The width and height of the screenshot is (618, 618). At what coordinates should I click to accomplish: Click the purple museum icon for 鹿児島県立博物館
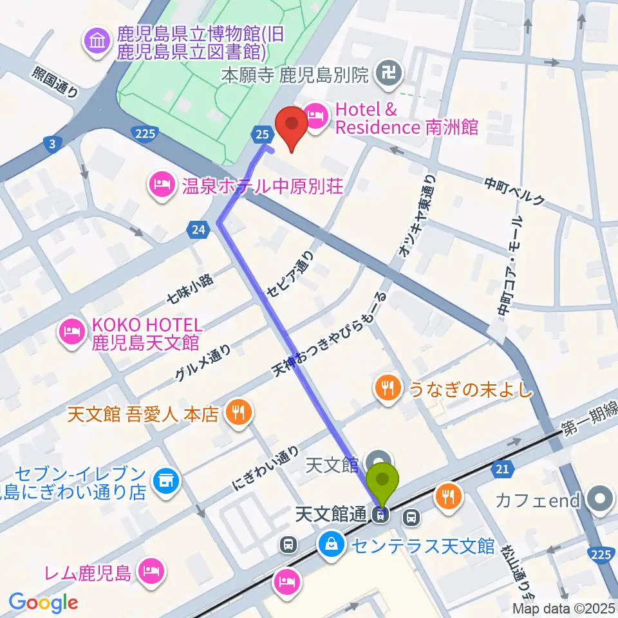(97, 42)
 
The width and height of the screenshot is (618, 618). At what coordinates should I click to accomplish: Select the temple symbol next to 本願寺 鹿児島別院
(389, 75)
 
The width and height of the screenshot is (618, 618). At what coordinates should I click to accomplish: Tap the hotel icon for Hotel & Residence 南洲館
(315, 117)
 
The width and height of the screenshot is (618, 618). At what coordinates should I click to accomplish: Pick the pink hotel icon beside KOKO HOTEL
(70, 332)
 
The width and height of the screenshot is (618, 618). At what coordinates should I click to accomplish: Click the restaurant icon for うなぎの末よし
(386, 388)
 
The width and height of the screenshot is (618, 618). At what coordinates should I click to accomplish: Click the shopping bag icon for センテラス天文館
(330, 545)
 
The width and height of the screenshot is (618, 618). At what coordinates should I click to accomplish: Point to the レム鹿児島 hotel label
(96, 570)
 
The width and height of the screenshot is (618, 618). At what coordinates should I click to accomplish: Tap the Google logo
(43, 602)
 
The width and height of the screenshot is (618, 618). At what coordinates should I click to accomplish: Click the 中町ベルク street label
(514, 191)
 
